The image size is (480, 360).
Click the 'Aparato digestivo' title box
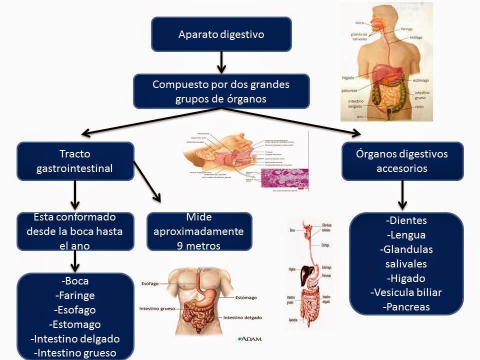(x=221, y=34)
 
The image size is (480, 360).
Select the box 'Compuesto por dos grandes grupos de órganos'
(x=221, y=91)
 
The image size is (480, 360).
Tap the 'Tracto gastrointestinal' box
(x=75, y=161)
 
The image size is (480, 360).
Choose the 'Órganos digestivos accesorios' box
(x=402, y=161)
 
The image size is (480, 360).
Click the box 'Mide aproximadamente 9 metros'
(x=199, y=231)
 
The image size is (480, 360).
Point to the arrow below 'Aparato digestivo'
(x=221, y=62)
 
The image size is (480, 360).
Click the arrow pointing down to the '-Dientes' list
(x=402, y=195)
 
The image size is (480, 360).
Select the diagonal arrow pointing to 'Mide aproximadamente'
(x=148, y=182)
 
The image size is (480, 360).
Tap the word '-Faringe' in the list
(x=75, y=295)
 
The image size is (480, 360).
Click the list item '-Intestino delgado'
(x=75, y=338)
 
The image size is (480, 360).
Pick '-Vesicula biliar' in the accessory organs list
(x=406, y=292)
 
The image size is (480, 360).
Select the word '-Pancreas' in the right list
(x=406, y=307)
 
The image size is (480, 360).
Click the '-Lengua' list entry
(x=406, y=234)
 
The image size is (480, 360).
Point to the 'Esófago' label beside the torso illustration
(x=150, y=283)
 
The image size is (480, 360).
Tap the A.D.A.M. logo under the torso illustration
(x=250, y=338)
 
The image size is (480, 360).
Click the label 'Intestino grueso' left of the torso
(x=157, y=308)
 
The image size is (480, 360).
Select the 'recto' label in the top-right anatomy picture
(x=419, y=106)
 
